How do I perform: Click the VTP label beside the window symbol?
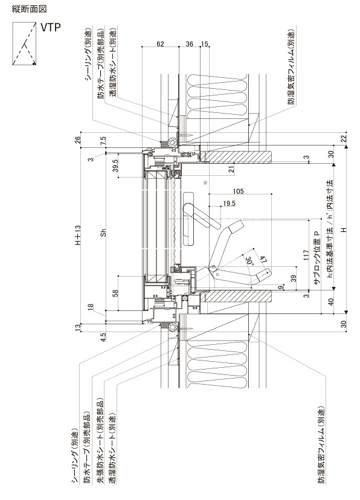(x=50, y=27)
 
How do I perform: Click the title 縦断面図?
(x=30, y=9)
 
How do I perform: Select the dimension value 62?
(x=161, y=43)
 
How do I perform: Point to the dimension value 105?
(x=238, y=191)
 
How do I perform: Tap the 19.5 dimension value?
(x=230, y=204)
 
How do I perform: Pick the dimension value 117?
(x=306, y=255)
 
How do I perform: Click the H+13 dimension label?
(x=78, y=235)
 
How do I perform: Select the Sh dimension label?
(x=103, y=232)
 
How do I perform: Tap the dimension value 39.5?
(x=115, y=166)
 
